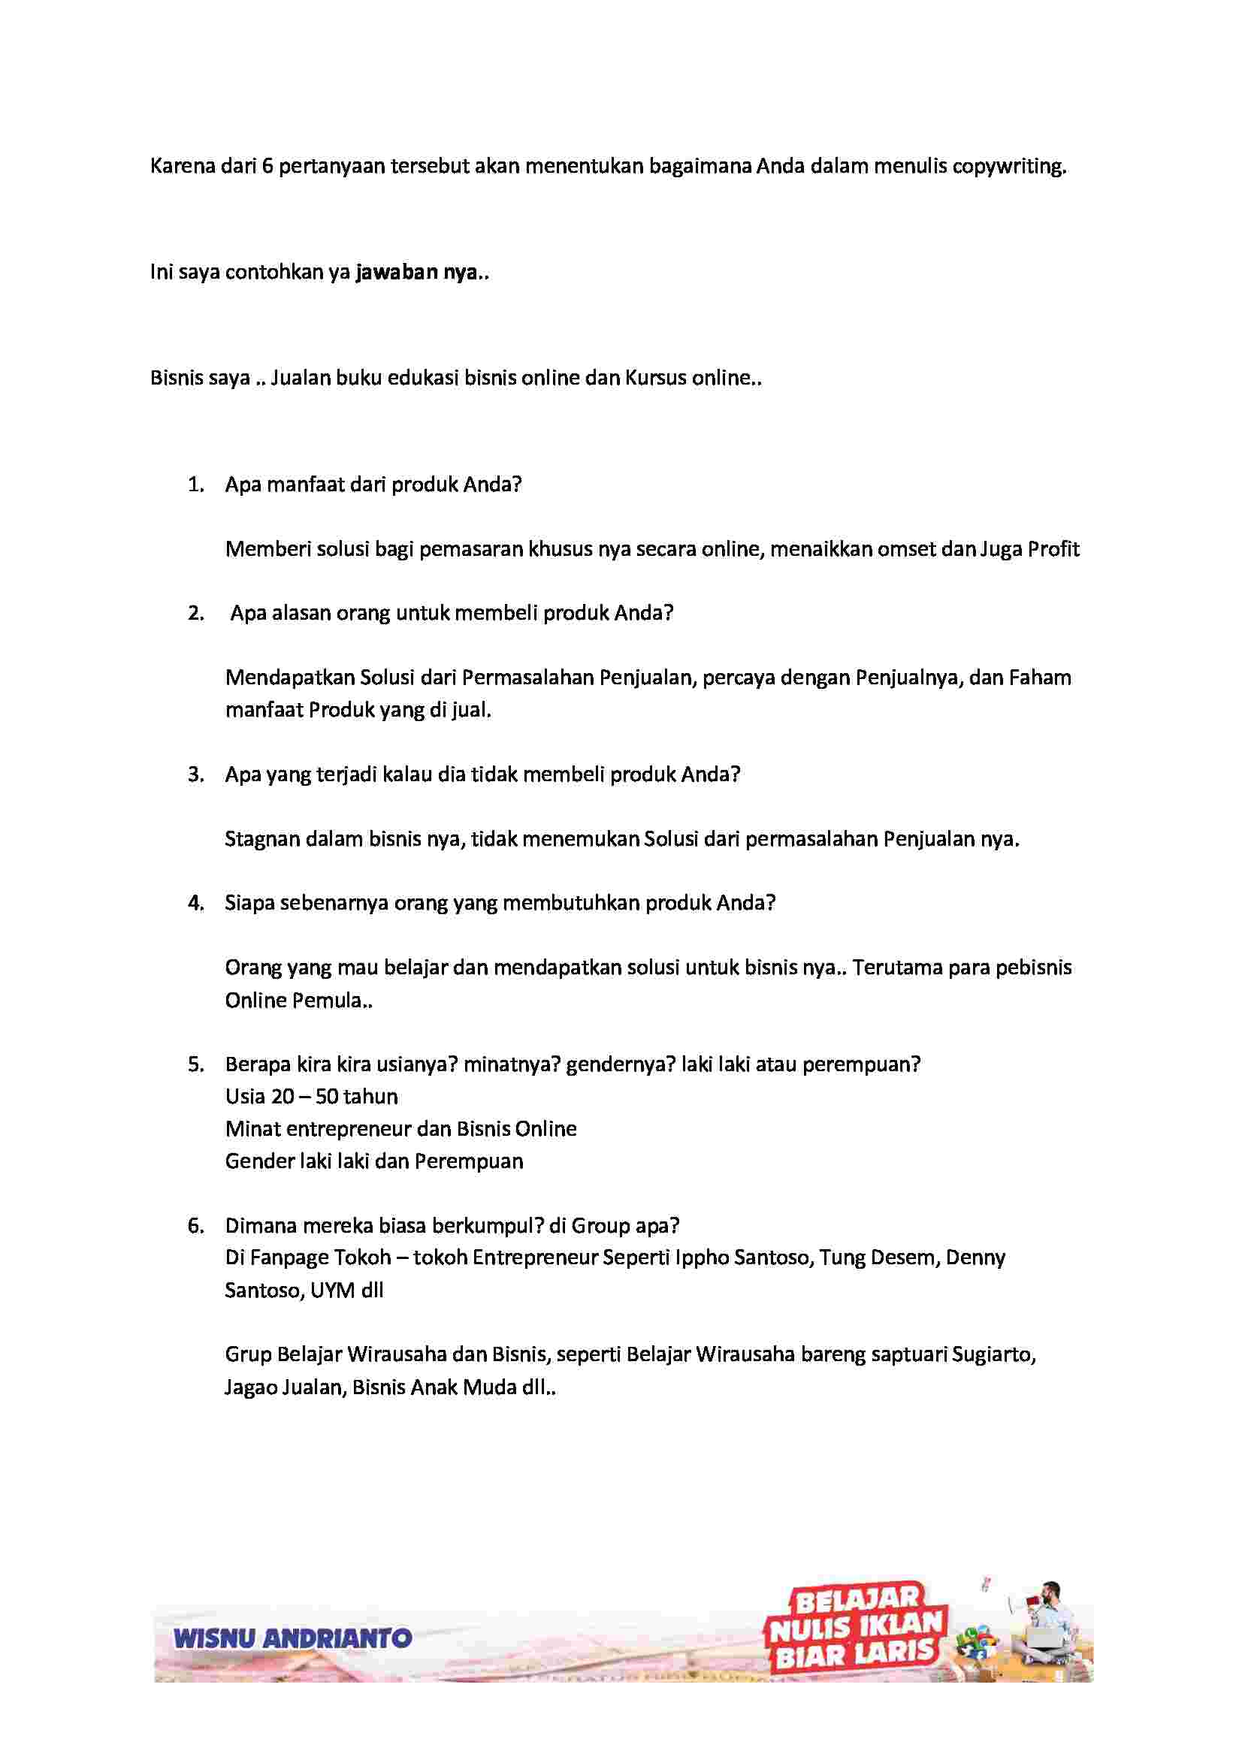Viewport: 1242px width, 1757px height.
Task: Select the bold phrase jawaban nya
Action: pyautogui.click(x=417, y=273)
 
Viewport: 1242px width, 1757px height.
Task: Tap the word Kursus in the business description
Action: pyautogui.click(x=656, y=378)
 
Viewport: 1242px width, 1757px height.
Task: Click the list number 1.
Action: pyautogui.click(x=196, y=485)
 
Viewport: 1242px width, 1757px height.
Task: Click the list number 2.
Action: pyautogui.click(x=196, y=613)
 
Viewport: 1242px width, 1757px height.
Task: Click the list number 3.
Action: pyautogui.click(x=196, y=774)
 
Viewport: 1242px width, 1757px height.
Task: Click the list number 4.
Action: pyautogui.click(x=196, y=903)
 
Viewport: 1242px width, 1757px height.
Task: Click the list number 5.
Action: pyautogui.click(x=196, y=1064)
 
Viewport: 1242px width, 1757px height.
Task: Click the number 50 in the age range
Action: pyautogui.click(x=327, y=1097)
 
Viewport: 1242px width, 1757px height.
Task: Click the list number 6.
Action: pyautogui.click(x=196, y=1226)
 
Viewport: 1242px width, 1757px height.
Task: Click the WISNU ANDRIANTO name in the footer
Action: pyautogui.click(x=293, y=1638)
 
